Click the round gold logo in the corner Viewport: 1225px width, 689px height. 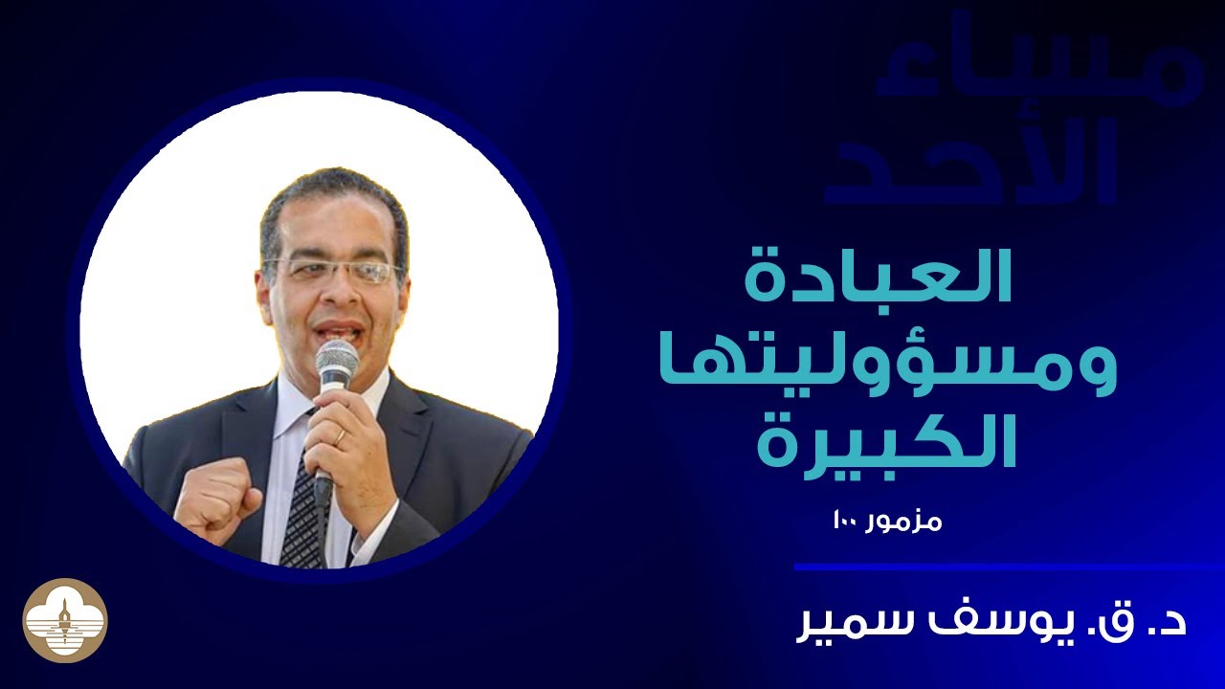click(x=65, y=620)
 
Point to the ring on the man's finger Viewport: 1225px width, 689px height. click(x=340, y=435)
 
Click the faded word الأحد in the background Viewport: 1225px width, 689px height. click(x=971, y=163)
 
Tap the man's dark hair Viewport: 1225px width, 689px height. click(x=330, y=191)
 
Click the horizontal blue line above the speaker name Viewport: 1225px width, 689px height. click(x=1005, y=567)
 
